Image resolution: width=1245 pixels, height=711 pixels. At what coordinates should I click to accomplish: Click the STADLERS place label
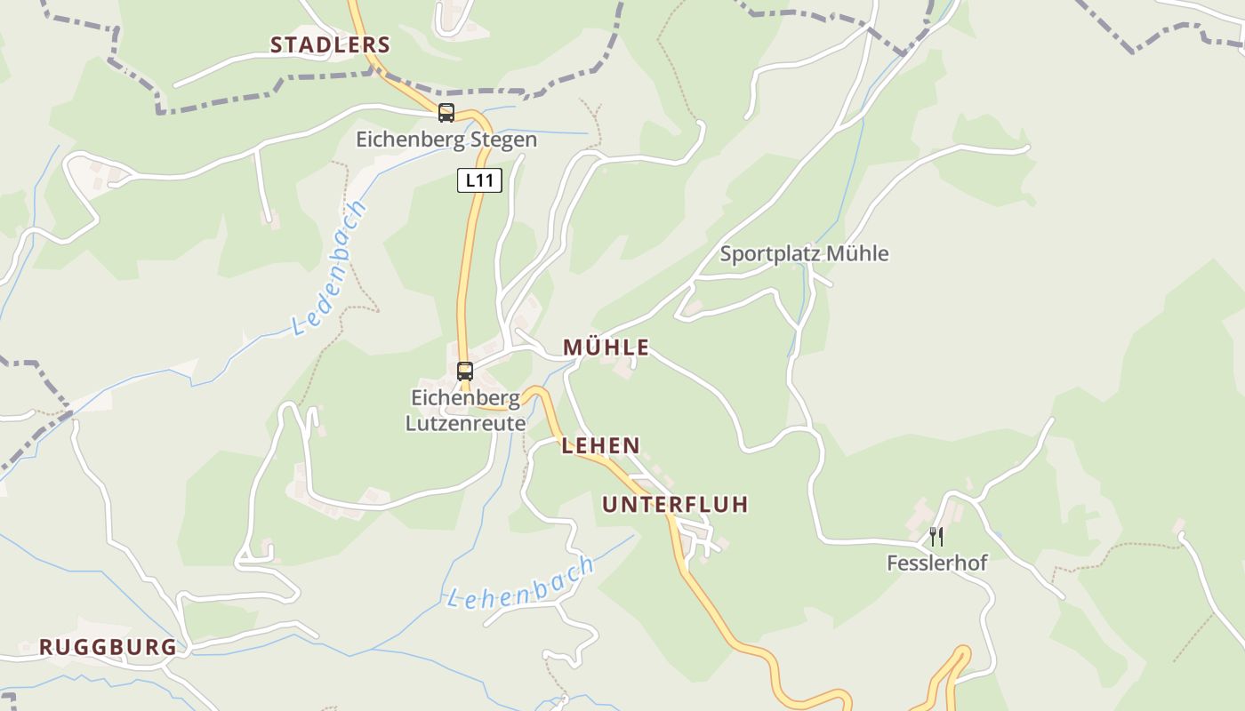tap(330, 44)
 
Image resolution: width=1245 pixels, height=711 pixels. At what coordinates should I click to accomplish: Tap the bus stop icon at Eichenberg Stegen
tap(446, 113)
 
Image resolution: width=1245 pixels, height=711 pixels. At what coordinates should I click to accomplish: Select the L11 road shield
tap(479, 180)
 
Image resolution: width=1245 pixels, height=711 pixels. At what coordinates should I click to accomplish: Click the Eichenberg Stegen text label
tap(446, 140)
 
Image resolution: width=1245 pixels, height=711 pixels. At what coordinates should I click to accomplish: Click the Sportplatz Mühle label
tap(804, 253)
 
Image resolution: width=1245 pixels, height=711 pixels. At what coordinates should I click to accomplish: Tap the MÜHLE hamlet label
tap(606, 348)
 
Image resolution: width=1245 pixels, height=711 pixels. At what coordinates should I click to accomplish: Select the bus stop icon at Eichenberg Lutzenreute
tap(464, 371)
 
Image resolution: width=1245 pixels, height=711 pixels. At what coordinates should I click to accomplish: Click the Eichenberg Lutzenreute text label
tap(465, 410)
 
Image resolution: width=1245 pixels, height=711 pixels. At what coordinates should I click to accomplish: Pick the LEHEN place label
tap(600, 445)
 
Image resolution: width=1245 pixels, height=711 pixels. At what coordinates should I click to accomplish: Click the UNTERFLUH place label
tap(675, 505)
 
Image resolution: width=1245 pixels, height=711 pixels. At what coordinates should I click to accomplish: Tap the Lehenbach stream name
tap(520, 583)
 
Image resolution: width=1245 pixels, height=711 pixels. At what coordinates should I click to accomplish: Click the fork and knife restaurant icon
tap(936, 536)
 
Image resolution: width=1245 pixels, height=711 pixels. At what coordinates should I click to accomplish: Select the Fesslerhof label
tap(936, 563)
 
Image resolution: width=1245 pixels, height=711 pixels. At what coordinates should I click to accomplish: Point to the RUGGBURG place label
tap(108, 647)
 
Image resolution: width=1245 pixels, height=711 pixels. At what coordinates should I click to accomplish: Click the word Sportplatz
tap(770, 253)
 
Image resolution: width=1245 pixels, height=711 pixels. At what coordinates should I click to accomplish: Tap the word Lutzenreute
tap(465, 423)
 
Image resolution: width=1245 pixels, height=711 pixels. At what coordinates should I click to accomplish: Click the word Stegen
tap(506, 140)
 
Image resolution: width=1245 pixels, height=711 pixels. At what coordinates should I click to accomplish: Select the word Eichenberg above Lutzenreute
tap(465, 397)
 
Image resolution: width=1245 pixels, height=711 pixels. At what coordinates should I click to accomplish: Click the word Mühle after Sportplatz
tap(857, 253)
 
